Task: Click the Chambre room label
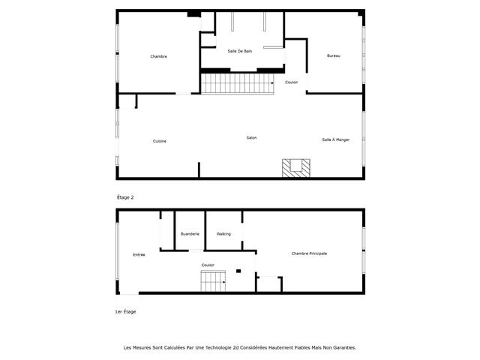(158, 56)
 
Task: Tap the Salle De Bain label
(240, 50)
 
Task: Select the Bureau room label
(334, 56)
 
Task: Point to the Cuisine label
(160, 141)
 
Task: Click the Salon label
(252, 138)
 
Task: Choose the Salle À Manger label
(336, 139)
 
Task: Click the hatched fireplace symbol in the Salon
(294, 168)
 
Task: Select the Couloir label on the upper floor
(291, 82)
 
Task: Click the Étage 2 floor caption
(125, 197)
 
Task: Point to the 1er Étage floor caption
(126, 311)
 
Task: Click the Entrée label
(139, 255)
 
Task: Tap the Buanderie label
(190, 234)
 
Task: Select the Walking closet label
(223, 234)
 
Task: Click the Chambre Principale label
(309, 253)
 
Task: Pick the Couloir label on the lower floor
(208, 265)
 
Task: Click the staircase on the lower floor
(213, 283)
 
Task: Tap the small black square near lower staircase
(238, 271)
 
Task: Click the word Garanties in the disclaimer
(342, 348)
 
